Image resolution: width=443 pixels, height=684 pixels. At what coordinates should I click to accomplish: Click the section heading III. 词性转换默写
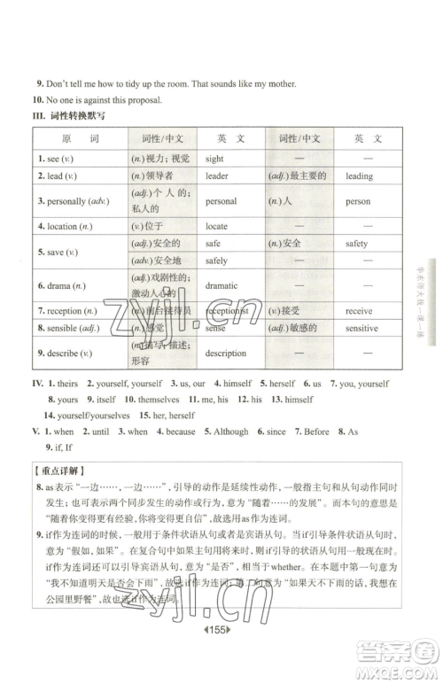point(69,116)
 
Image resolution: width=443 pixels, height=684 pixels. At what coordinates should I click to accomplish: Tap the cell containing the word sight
point(214,159)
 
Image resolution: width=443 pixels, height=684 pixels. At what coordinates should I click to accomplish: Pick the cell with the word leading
point(359,176)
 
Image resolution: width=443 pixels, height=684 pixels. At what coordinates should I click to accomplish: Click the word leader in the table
point(217,176)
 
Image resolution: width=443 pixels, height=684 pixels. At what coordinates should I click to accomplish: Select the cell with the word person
point(358,201)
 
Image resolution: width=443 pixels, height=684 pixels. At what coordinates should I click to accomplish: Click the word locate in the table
point(217,227)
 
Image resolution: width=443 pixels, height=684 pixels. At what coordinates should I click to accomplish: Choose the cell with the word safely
point(216,261)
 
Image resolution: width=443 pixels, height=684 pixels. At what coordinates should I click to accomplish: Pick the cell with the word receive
point(359,311)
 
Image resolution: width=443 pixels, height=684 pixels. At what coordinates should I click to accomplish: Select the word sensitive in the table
point(361,328)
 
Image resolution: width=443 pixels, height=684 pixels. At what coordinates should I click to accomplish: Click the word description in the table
point(225,353)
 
